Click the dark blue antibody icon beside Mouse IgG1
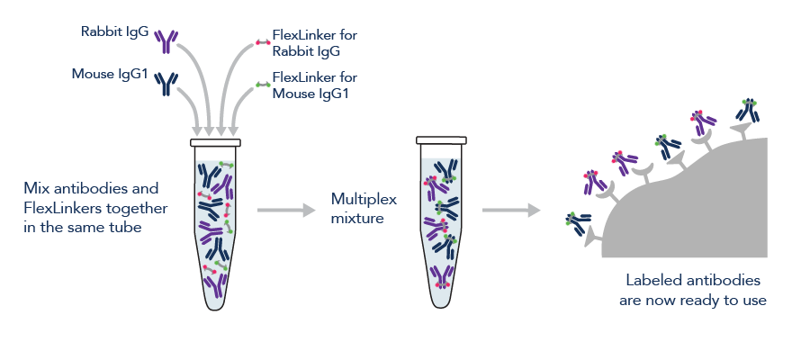click(166, 84)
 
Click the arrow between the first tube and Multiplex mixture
click(285, 210)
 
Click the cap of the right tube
click(441, 139)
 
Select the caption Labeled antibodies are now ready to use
click(692, 290)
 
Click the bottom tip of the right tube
click(441, 298)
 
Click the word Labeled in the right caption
click(652, 280)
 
